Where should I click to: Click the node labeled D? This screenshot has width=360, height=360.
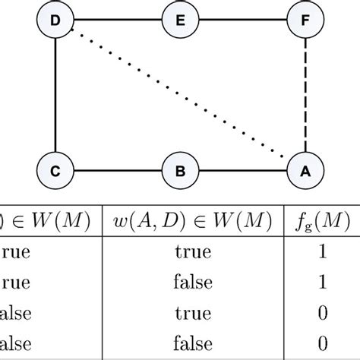[55, 21]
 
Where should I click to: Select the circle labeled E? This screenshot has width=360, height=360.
[180, 21]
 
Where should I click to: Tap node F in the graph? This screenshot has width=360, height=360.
[305, 21]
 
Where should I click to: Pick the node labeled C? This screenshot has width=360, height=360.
[55, 171]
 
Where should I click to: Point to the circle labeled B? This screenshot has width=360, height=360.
[180, 171]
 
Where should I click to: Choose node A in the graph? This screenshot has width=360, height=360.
[305, 171]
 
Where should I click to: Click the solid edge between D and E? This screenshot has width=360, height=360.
[117, 21]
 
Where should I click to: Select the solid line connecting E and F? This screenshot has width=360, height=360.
[243, 21]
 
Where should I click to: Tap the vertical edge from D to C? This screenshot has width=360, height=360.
[55, 96]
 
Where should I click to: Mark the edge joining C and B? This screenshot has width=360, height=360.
[117, 171]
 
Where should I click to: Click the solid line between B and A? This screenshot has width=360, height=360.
[243, 171]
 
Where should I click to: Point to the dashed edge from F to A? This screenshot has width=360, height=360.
[305, 96]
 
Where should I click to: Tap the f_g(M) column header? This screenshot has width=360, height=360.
[321, 222]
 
